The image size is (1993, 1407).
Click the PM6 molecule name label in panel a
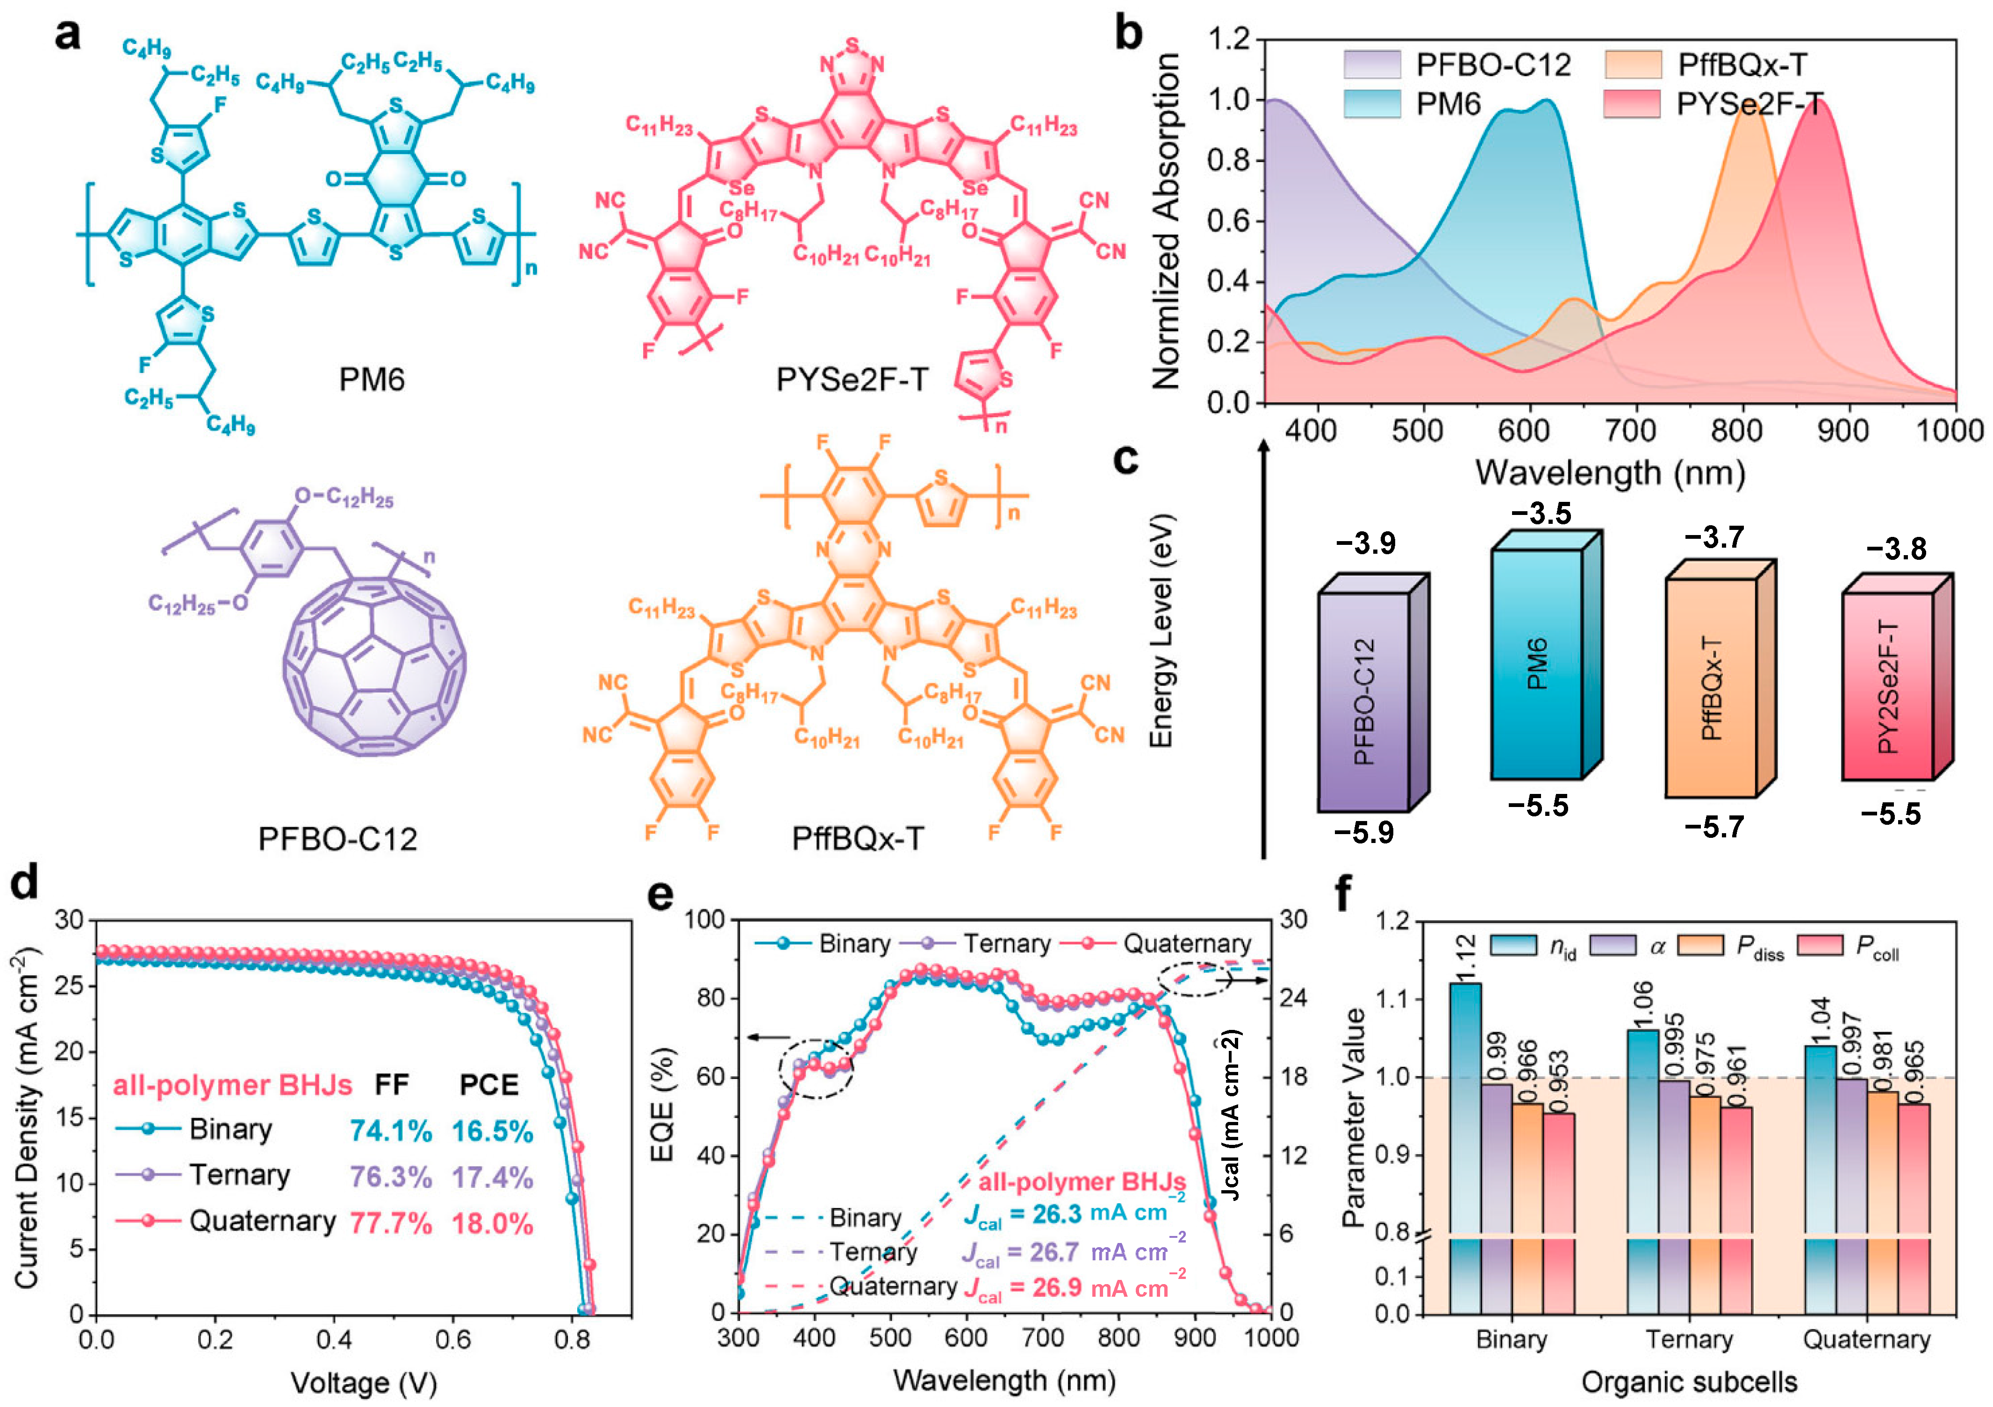pyautogui.click(x=372, y=379)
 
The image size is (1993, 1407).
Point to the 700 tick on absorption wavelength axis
pyautogui.click(x=1635, y=431)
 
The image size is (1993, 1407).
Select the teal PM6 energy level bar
pyautogui.click(x=1536, y=664)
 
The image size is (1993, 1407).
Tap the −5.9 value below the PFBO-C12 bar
pyautogui.click(x=1364, y=832)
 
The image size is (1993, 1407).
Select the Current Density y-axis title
pyautogui.click(x=28, y=1120)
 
